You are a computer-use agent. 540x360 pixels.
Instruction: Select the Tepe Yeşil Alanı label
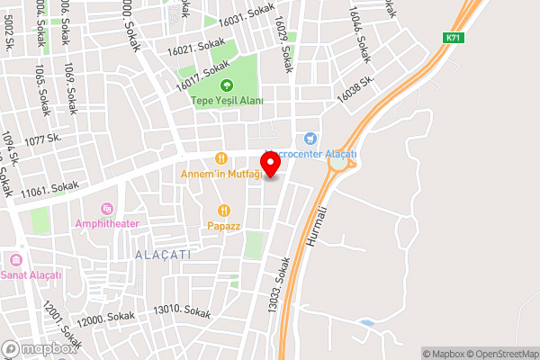pyautogui.click(x=227, y=101)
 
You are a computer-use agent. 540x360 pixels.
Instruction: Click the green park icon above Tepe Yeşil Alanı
pyautogui.click(x=226, y=86)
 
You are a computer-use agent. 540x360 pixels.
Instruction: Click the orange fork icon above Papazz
pyautogui.click(x=223, y=211)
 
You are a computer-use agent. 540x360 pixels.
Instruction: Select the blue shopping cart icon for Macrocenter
pyautogui.click(x=310, y=138)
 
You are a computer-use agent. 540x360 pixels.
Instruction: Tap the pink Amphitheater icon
pyautogui.click(x=107, y=209)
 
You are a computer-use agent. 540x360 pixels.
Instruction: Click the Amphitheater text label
pyautogui.click(x=107, y=222)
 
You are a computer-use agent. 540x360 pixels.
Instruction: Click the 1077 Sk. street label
pyautogui.click(x=43, y=140)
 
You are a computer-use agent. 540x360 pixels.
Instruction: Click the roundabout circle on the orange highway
pyautogui.click(x=341, y=163)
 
